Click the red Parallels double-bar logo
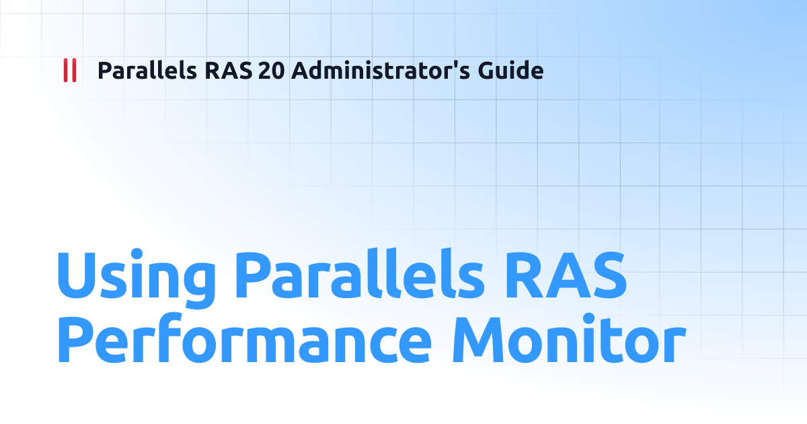pyautogui.click(x=69, y=71)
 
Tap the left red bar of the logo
pyautogui.click(x=65, y=71)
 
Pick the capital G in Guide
pyautogui.click(x=488, y=71)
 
